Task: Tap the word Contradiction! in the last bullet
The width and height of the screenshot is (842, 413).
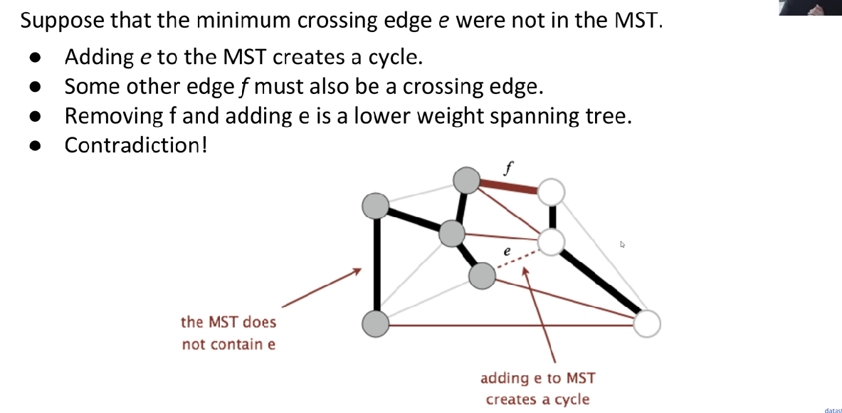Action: click(135, 145)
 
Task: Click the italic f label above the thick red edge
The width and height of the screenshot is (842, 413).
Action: click(507, 169)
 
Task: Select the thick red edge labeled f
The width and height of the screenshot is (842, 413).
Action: click(508, 187)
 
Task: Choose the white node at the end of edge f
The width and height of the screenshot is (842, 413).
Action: click(551, 192)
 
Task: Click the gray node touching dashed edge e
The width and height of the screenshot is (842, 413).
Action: click(482, 276)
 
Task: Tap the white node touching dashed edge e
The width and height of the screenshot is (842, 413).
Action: click(551, 242)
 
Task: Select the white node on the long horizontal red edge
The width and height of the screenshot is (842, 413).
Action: click(646, 325)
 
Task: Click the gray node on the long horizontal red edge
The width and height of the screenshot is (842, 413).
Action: click(376, 325)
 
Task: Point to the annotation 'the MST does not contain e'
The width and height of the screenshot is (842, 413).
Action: click(228, 333)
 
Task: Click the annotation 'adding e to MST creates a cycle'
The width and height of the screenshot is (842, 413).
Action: click(537, 389)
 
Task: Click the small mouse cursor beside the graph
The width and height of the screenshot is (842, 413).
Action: click(623, 244)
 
